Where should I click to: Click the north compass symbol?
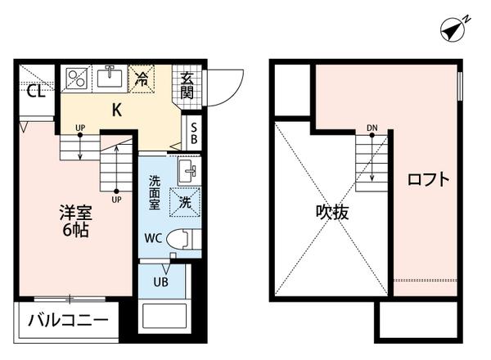tap(453, 29)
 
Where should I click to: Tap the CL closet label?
tap(34, 91)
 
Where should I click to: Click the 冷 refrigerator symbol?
tap(142, 79)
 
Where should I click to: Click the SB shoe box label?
tap(193, 133)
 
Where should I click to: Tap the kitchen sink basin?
tap(108, 78)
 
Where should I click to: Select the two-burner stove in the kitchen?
tap(75, 78)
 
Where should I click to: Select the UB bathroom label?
tap(161, 283)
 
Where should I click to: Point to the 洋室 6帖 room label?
tap(74, 221)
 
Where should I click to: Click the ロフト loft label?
tap(429, 180)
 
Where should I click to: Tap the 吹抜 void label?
tap(333, 213)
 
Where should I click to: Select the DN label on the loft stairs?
tap(372, 128)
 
